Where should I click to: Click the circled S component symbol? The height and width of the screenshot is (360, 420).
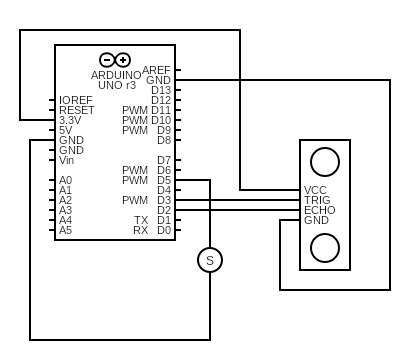210,260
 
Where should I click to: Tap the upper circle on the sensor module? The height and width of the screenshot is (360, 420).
324,160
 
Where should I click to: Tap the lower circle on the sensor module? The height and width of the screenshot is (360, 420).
324,246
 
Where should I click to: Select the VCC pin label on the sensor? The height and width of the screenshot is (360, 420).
316,190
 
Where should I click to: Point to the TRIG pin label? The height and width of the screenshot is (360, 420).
318,200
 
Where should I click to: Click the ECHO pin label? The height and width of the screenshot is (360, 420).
319,210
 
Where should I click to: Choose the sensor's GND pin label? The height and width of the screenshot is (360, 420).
316,220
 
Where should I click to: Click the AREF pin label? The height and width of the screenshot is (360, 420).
157,70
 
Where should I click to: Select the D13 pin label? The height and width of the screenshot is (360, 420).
161,90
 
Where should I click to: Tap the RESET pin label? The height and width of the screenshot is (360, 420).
76,110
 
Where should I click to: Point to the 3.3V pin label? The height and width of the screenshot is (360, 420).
70,120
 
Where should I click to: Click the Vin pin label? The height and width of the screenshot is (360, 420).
67,160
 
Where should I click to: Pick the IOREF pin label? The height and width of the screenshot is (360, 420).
76,100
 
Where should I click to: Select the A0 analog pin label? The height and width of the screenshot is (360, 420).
65,180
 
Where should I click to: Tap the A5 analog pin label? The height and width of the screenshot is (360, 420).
65,230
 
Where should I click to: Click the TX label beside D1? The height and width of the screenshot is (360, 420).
141,220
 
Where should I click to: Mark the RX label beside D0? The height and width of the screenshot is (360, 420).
141,230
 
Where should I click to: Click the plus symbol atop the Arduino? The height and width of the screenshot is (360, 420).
123,60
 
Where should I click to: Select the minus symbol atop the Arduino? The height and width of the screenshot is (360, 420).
107,60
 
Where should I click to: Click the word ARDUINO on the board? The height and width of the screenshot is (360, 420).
116,75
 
